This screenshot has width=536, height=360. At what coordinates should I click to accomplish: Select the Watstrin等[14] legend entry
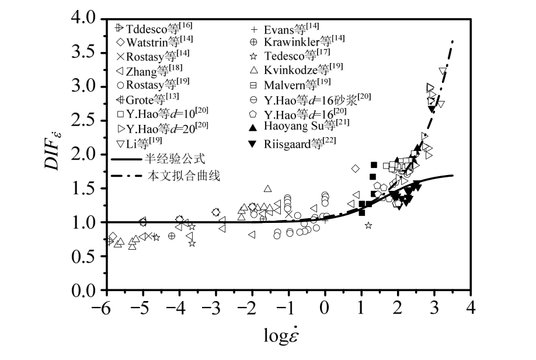tap(155, 42)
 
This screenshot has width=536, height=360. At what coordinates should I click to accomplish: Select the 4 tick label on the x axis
tap(471, 306)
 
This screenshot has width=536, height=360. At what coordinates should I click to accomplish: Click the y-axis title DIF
tap(62, 153)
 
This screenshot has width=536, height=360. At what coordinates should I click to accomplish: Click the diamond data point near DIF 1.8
tap(355, 169)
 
